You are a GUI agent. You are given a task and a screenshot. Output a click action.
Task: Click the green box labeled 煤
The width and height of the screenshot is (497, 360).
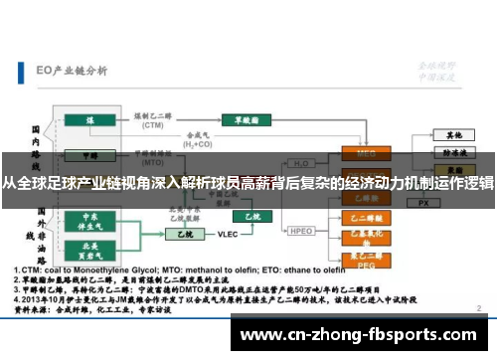click(x=89, y=119)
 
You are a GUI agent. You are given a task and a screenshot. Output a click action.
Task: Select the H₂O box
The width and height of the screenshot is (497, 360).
click(x=299, y=163)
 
